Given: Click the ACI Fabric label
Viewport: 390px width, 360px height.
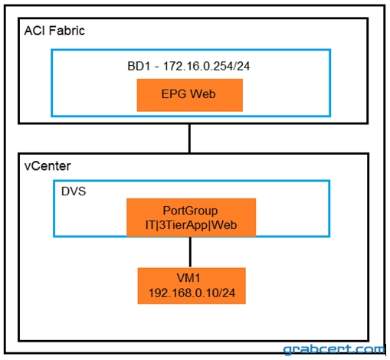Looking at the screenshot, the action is [54, 31].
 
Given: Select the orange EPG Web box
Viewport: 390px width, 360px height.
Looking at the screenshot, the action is [190, 95].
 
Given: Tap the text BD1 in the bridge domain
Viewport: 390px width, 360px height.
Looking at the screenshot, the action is [139, 66].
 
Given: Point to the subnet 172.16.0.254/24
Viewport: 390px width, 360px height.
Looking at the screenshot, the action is [206, 66].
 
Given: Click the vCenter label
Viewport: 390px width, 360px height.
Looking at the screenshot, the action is [48, 166].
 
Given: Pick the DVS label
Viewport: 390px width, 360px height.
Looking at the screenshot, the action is [74, 191].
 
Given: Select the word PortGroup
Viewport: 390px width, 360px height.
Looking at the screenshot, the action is [190, 211].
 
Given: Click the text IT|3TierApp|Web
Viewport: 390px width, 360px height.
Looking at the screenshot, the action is [191, 225].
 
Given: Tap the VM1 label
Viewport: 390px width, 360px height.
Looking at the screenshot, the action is [188, 278].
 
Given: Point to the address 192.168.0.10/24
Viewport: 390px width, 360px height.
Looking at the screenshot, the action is [192, 293].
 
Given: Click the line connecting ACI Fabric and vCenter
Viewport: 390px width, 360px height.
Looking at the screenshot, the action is [189, 139].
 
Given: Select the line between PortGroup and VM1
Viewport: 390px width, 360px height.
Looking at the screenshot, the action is [190, 252].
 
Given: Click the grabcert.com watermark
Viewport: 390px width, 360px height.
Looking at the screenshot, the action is [334, 349].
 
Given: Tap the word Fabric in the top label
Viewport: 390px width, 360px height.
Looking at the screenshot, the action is [67, 31].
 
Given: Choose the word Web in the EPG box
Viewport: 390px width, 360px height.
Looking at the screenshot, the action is [203, 94].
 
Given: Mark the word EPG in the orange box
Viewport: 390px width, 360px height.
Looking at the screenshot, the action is [174, 94].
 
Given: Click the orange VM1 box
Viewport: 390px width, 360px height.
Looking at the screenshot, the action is [192, 286].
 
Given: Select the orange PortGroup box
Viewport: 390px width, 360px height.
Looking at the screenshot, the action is [191, 218].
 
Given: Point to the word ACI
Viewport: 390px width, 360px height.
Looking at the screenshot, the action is [34, 31].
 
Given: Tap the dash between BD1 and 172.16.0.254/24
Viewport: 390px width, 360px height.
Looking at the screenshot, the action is [156, 67].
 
